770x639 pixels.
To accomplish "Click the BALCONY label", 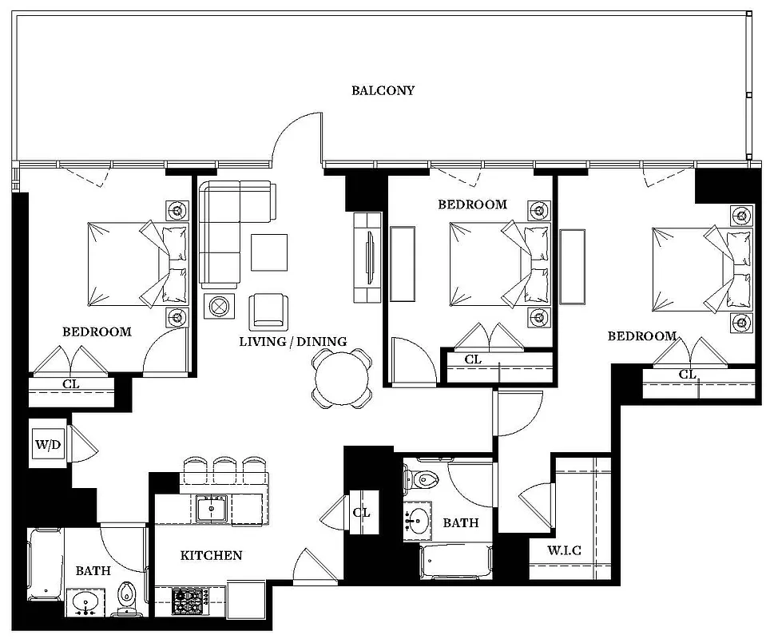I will point(383,90).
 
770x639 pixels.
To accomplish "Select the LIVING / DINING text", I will point(293,342).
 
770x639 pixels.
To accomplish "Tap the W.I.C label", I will point(564,550).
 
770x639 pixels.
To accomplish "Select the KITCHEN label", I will point(211,555).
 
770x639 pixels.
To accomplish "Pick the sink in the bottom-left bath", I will point(85,601).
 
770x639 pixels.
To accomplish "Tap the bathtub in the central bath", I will point(456,563).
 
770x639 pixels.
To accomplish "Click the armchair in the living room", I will point(268,312).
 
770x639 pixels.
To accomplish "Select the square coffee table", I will point(269,252).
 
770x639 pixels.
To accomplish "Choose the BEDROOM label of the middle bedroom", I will point(472,204).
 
